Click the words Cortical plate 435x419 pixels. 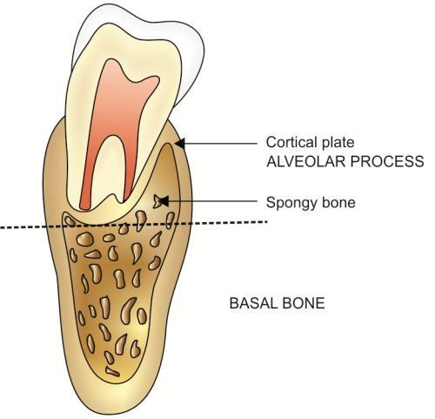310,142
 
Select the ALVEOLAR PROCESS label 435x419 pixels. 345,161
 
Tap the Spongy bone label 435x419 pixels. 311,202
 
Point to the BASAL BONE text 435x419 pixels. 277,303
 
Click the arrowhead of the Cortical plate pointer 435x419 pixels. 180,143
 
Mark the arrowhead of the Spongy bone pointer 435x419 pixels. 164,200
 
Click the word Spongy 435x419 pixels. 289,203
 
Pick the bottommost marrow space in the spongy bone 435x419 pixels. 112,371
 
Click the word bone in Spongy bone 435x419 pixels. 337,201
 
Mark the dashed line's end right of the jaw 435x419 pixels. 266,222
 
